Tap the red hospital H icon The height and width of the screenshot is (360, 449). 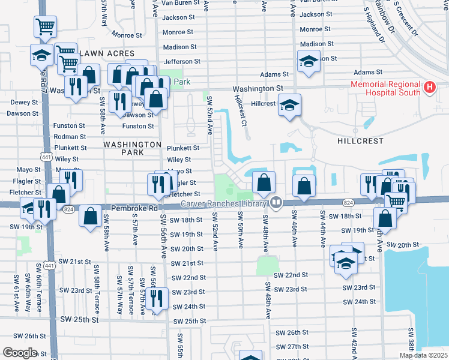click(429, 88)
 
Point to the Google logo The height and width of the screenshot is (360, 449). click(20, 353)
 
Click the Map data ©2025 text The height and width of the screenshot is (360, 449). click(423, 355)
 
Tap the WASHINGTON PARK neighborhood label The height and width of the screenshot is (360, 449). click(132, 149)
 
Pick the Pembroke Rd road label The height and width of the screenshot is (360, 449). click(140, 208)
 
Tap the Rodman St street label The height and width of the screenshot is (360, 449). click(70, 136)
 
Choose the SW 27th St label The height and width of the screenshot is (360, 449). click(292, 347)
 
